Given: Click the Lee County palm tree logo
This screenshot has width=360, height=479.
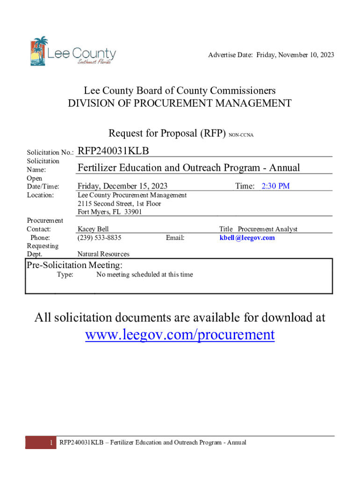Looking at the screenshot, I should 39,51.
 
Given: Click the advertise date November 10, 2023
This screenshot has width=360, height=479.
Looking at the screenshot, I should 304,55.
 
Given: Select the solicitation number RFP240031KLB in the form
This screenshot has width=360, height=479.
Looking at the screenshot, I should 113,151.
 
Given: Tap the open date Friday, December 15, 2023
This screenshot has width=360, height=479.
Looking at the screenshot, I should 122,186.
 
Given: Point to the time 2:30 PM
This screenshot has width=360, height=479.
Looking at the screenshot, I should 275,186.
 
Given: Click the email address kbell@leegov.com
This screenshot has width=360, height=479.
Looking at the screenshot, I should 247,238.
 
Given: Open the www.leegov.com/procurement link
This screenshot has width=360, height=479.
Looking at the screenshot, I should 180,334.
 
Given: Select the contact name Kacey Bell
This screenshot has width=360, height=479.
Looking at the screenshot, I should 93,229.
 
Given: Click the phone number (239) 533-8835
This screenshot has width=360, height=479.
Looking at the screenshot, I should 100,238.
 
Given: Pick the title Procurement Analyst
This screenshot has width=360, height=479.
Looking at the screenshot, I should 267,229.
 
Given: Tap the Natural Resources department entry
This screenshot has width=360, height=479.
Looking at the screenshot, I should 103,254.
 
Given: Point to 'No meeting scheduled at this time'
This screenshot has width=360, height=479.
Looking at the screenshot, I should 144,275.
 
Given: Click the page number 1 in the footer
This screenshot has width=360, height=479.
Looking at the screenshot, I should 50,443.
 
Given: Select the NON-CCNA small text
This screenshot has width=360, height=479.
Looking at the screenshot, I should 241,135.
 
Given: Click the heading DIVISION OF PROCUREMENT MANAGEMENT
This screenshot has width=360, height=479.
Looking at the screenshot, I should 180,103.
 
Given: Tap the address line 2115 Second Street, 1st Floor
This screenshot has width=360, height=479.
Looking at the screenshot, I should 119,203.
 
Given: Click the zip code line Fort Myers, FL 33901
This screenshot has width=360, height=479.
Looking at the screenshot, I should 110,212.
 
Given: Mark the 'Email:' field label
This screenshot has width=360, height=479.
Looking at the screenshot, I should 175,238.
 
